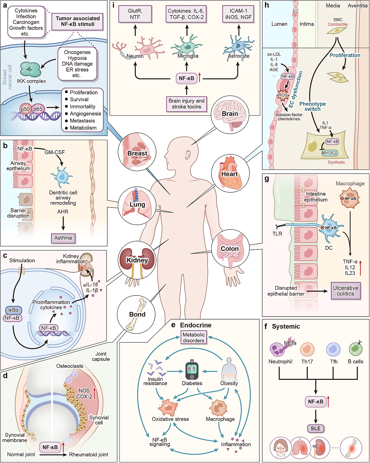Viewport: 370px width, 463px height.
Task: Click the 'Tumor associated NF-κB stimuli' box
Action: pos(77,21)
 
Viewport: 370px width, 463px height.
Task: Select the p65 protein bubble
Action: pos(38,109)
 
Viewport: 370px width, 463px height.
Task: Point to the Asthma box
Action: pos(63,238)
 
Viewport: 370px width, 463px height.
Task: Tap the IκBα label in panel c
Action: pos(13,310)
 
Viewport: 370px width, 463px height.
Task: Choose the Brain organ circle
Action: pos(230,114)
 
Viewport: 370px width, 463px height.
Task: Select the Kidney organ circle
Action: pos(137,260)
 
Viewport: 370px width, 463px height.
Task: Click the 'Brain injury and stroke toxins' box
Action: pos(186,104)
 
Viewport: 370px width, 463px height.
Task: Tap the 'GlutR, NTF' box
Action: pos(135,14)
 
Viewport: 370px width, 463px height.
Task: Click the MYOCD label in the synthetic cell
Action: pos(330,153)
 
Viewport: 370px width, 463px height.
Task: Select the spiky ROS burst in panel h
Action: pos(283,95)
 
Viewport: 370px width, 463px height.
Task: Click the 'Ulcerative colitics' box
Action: pos(345,291)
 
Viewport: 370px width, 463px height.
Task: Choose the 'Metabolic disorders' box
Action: pos(194,337)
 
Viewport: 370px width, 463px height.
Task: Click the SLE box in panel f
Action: pos(316,428)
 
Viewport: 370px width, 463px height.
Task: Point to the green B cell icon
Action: pos(356,349)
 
